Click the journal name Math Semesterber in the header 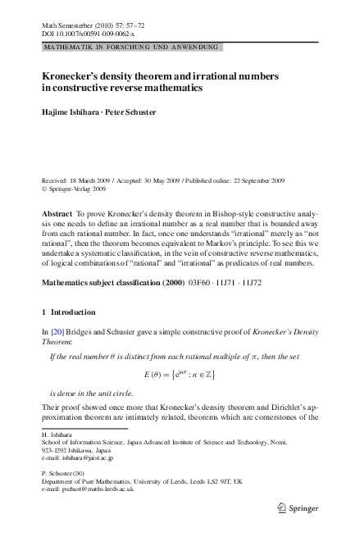coord(70,27)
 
